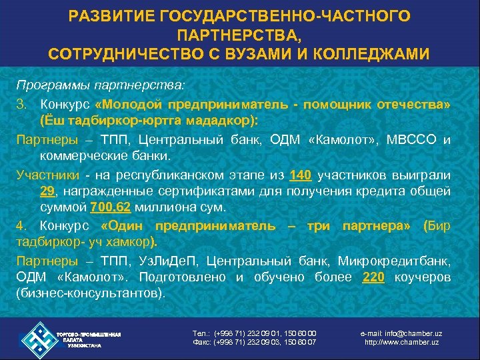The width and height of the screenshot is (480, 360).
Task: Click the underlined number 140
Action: (301, 176)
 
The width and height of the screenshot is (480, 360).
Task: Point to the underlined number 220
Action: (373, 277)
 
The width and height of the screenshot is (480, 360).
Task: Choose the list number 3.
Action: (21, 105)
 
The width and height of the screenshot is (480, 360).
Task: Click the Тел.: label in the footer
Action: (200, 333)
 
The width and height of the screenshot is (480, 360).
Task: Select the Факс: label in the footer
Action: (201, 343)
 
